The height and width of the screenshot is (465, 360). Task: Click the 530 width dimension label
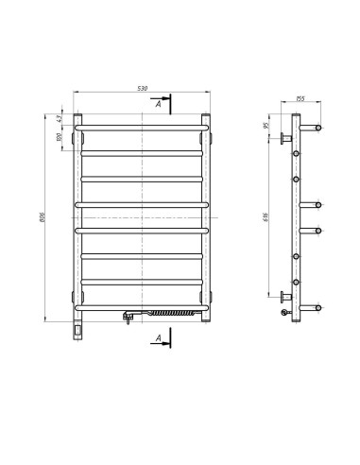click(x=143, y=89)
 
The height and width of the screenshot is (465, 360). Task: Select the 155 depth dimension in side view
click(x=299, y=98)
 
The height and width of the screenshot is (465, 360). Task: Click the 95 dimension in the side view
click(x=267, y=126)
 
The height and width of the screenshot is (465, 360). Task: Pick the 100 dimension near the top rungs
click(x=59, y=137)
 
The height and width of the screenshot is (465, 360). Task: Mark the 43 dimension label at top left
click(x=59, y=118)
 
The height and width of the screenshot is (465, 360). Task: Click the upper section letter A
click(x=159, y=105)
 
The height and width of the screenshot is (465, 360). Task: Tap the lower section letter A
click(x=159, y=336)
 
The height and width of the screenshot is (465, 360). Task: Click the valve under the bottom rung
click(x=126, y=318)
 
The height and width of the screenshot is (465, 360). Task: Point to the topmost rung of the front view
click(x=142, y=124)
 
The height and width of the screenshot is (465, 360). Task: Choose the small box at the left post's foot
click(x=77, y=331)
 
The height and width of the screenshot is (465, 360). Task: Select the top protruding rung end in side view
click(x=319, y=126)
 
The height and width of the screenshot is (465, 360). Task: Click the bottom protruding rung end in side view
click(x=319, y=308)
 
